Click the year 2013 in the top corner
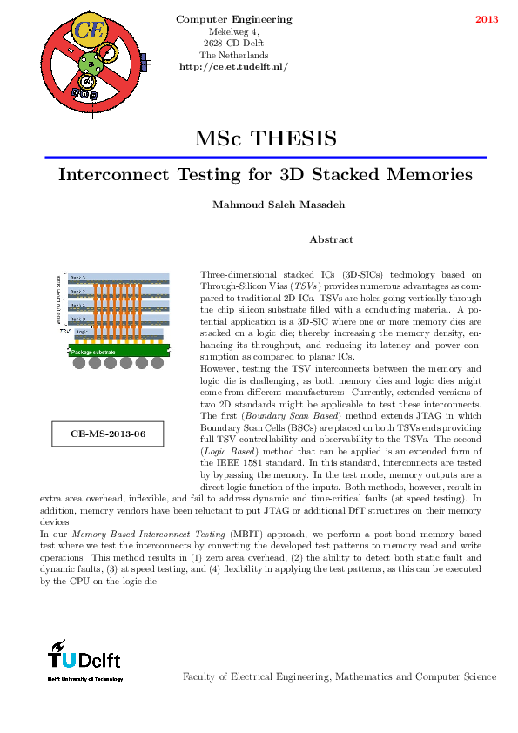(487, 19)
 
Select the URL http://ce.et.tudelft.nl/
(233, 66)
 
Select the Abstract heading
(331, 239)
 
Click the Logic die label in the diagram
(82, 332)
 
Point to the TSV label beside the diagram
(64, 332)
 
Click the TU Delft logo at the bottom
(84, 661)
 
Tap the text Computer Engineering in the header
(233, 19)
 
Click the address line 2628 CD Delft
(233, 43)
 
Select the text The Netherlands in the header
(233, 55)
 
